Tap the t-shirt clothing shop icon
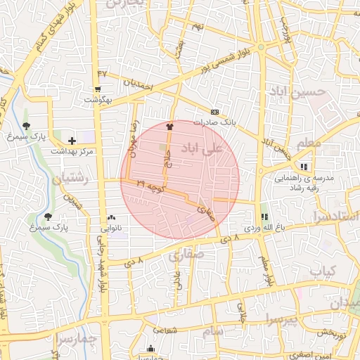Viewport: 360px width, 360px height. coord(169,127)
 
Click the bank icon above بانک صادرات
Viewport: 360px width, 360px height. coord(215,112)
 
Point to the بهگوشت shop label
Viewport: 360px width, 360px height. coord(99,100)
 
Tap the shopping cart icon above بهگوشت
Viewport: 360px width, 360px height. coord(97,89)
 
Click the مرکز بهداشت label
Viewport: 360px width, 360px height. coord(72,150)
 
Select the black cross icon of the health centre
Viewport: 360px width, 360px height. coord(72,141)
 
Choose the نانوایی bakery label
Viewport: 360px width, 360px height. coord(112,228)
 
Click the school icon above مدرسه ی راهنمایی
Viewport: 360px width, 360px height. coord(304,167)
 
